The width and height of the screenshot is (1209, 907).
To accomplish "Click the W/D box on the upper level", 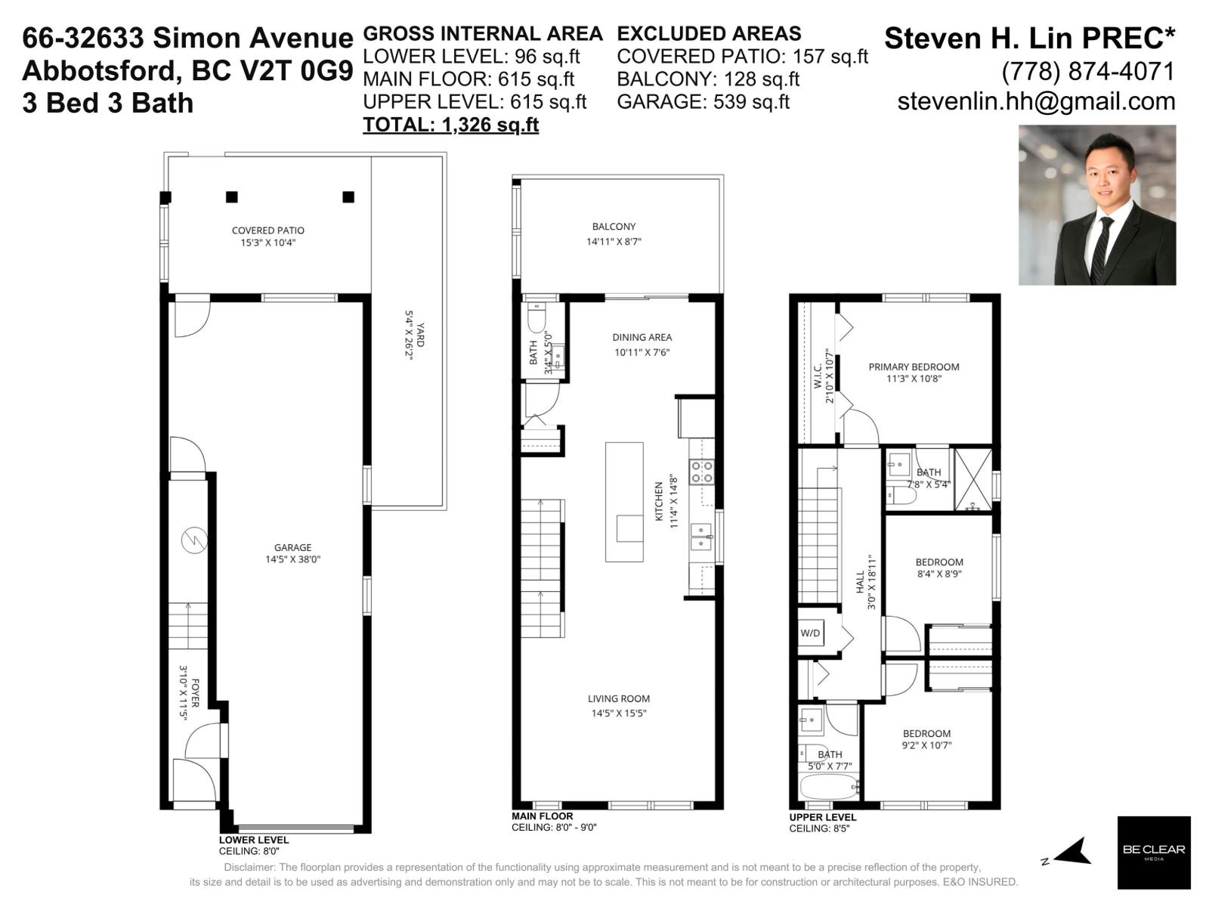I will click(810, 633).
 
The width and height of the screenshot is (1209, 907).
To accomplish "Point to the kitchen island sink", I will click(629, 528).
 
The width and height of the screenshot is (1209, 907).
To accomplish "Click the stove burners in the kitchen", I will click(702, 472).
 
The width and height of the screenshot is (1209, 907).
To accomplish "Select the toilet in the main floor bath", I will click(536, 318).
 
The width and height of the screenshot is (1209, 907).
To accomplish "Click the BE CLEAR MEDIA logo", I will click(1154, 852).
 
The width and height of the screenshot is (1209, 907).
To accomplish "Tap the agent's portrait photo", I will click(1096, 205).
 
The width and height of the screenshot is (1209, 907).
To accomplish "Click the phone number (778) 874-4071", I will click(1088, 71).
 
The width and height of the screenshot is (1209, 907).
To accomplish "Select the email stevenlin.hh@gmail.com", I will click(1036, 101).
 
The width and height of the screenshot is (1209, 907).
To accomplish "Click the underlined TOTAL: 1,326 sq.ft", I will click(450, 125).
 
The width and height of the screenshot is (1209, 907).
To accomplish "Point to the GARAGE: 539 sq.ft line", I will click(703, 101).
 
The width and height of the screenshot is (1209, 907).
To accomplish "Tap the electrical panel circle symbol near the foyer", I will click(194, 540).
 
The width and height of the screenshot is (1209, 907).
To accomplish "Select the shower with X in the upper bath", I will click(973, 480).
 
